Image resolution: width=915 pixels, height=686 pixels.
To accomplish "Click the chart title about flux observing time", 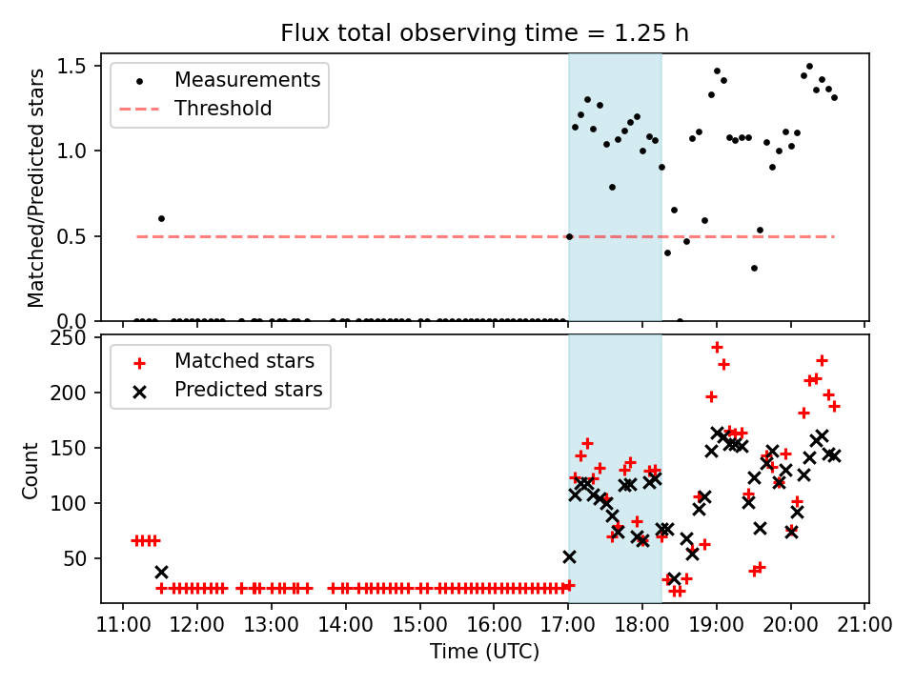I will (484, 33).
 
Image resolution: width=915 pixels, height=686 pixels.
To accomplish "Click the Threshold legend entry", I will (223, 109).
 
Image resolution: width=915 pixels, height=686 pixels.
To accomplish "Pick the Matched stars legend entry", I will (244, 361).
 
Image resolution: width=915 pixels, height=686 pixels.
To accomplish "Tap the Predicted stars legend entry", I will (248, 390).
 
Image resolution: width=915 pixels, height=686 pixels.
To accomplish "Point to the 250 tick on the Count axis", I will (71, 338).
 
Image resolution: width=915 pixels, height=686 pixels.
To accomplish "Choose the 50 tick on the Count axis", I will (77, 558).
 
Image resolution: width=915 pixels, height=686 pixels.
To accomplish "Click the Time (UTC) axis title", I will (484, 652).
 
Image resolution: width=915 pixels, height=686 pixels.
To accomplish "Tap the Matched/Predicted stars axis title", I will (36, 188).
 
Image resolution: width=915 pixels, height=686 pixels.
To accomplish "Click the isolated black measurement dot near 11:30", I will (161, 218).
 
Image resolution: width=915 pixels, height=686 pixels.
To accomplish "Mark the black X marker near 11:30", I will (161, 572).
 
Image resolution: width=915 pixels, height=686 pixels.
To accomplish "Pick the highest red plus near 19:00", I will (717, 347).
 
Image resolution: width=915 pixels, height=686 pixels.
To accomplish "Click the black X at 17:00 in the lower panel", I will (569, 556).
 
